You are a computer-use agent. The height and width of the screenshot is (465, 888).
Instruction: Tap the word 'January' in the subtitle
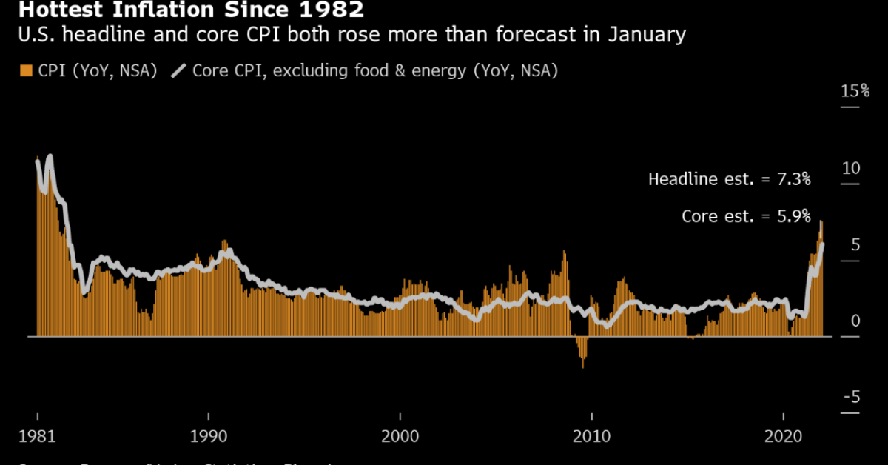(646, 35)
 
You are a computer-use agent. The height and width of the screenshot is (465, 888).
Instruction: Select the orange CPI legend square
(27, 71)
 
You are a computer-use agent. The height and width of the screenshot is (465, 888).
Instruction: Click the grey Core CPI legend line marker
(179, 71)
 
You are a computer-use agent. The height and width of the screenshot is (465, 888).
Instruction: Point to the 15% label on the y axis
(855, 91)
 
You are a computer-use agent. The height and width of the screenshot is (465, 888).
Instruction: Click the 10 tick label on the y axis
(851, 168)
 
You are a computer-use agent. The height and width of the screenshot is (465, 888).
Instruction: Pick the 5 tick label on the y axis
(855, 244)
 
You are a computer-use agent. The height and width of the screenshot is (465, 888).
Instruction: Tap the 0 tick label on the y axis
(855, 321)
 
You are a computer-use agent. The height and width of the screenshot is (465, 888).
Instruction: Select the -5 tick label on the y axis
(852, 398)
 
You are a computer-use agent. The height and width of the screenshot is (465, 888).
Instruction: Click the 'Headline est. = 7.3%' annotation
(730, 179)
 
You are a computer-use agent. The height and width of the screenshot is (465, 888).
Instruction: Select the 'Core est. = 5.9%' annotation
(746, 216)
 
